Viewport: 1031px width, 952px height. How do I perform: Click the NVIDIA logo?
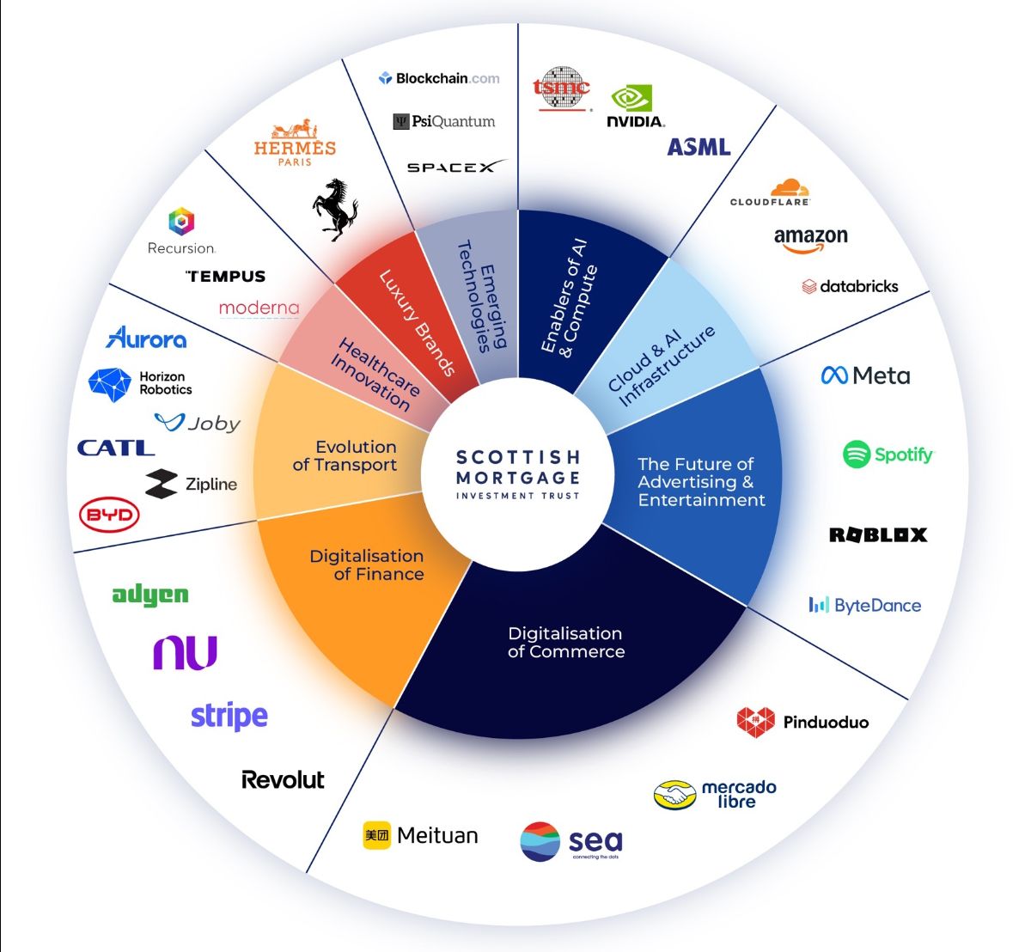[x=636, y=107]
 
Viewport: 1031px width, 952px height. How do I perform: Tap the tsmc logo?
[x=562, y=88]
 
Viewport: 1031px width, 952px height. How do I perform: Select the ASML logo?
[x=699, y=147]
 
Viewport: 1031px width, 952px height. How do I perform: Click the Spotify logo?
[x=888, y=454]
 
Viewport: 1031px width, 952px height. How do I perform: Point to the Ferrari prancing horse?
[x=334, y=210]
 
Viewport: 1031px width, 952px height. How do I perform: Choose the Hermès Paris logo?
[x=295, y=143]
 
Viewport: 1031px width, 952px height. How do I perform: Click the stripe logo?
[x=229, y=716]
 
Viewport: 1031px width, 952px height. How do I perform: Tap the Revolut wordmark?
[x=283, y=780]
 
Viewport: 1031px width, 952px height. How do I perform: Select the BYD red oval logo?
[x=109, y=515]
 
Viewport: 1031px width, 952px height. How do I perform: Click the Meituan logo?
[x=420, y=835]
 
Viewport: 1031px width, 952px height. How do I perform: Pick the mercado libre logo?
[x=715, y=794]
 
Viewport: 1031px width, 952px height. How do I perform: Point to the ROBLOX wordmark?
[x=878, y=535]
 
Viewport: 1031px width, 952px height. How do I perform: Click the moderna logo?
[x=259, y=308]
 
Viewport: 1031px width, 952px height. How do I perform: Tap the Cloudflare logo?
[x=771, y=192]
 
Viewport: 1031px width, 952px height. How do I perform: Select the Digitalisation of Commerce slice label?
[x=565, y=643]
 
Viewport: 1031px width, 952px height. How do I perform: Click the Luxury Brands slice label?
[x=417, y=323]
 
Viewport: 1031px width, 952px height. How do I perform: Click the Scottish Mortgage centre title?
[x=518, y=473]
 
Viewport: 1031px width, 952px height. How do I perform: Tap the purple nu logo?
[x=186, y=653]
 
